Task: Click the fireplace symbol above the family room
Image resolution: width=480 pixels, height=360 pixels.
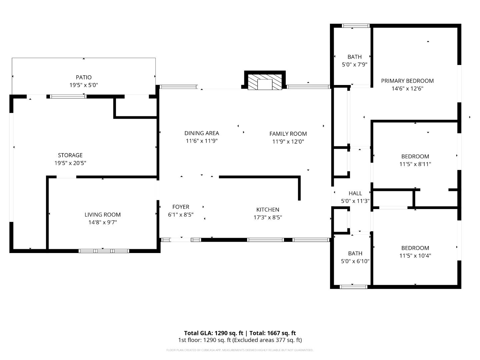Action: pyautogui.click(x=265, y=82)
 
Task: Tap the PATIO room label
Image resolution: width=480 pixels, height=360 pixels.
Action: pyautogui.click(x=84, y=77)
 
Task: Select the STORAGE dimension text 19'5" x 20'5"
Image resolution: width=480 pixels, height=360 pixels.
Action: pyautogui.click(x=70, y=163)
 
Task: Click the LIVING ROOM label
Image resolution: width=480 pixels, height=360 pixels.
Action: pyautogui.click(x=102, y=215)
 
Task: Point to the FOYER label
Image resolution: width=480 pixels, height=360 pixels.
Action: pyautogui.click(x=181, y=207)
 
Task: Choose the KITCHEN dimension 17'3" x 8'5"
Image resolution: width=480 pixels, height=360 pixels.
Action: pyautogui.click(x=268, y=217)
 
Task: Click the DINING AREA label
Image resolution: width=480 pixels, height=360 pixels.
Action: pyautogui.click(x=202, y=133)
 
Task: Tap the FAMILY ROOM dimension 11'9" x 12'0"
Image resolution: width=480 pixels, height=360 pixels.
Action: pyautogui.click(x=288, y=141)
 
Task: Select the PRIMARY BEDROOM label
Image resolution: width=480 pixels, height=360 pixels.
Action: pyautogui.click(x=407, y=81)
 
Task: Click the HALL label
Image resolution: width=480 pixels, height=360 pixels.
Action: pyautogui.click(x=355, y=193)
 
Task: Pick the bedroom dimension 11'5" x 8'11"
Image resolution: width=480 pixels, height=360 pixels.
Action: pyautogui.click(x=415, y=164)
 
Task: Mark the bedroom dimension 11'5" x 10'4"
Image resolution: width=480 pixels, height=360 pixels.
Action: pyautogui.click(x=415, y=256)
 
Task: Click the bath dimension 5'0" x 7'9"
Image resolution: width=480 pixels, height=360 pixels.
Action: pyautogui.click(x=354, y=64)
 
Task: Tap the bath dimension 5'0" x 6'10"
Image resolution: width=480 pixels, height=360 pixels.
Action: pyautogui.click(x=355, y=261)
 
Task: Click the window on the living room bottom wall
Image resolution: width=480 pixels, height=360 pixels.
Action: pyautogui.click(x=104, y=251)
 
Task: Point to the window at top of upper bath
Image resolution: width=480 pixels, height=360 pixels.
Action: pyautogui.click(x=356, y=26)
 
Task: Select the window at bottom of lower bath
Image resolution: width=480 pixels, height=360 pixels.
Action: pyautogui.click(x=353, y=287)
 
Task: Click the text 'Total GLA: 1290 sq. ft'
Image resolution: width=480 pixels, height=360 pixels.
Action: pyautogui.click(x=213, y=333)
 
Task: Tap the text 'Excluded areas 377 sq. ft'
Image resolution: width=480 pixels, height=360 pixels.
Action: pyautogui.click(x=268, y=340)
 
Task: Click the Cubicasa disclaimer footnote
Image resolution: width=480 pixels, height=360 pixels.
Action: pyautogui.click(x=240, y=350)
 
